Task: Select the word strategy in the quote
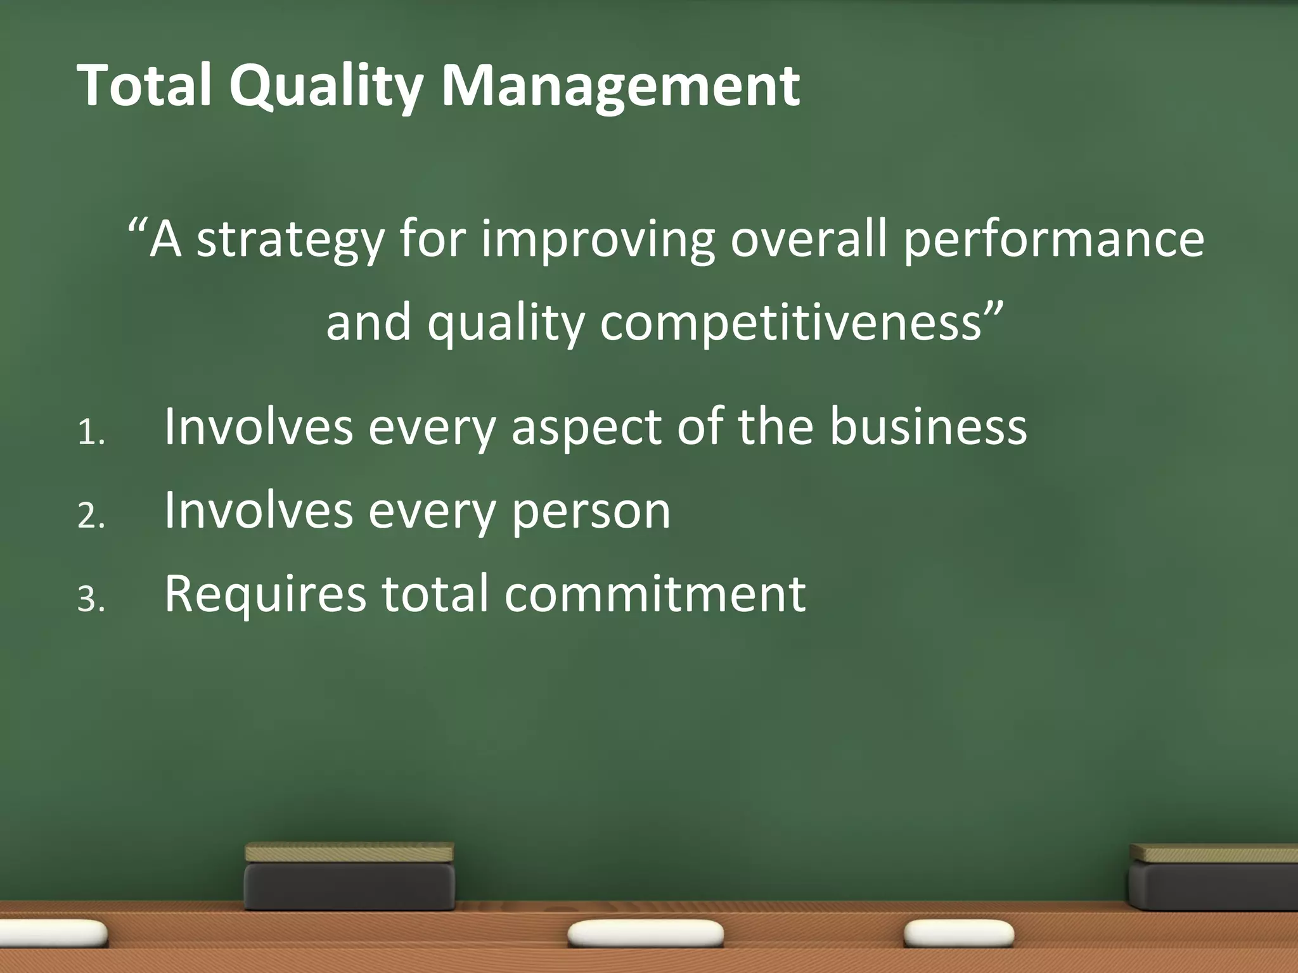(290, 241)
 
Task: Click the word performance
(1053, 241)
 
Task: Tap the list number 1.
(90, 434)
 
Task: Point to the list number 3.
(90, 599)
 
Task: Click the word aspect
(586, 428)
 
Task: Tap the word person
(591, 512)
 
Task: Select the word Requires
(266, 595)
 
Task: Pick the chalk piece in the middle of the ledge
(646, 934)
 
